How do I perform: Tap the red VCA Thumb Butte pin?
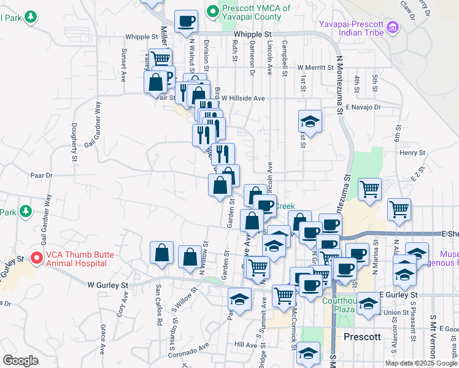[x=37, y=259]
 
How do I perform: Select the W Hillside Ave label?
[x=243, y=98]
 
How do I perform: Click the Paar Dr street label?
[x=42, y=175]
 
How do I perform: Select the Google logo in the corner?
[x=20, y=361]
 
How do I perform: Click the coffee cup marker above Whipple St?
[x=187, y=21]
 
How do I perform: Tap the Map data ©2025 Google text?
[x=422, y=363]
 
